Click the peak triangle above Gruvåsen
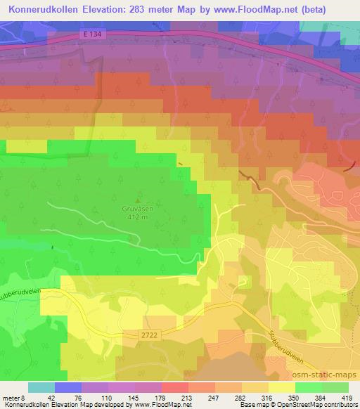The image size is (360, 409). pos(136,200)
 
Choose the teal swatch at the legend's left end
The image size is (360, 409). pos(41,387)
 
